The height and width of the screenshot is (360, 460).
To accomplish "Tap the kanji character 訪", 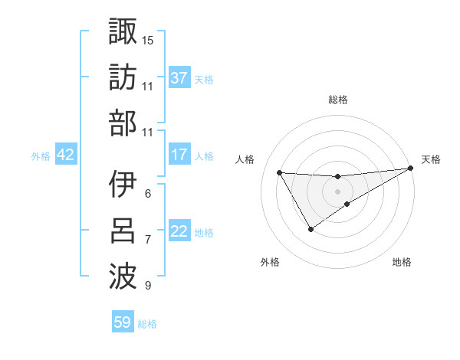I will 123,76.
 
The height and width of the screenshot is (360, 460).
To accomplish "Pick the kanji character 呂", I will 123,231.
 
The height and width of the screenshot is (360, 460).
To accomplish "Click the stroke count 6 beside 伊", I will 147,194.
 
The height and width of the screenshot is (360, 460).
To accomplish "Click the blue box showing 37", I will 179,77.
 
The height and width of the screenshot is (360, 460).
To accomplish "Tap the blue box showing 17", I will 179,155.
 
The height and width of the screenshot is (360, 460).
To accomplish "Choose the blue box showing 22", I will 179,231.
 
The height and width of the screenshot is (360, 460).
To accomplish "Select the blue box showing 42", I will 65,155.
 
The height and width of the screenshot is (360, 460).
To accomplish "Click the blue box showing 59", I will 123,322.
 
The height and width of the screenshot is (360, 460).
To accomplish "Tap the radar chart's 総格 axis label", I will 337,100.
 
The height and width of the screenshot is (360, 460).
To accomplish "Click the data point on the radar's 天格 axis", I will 412,169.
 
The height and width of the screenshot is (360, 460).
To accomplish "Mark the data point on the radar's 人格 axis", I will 279,172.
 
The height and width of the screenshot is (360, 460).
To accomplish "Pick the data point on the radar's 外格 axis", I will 310,229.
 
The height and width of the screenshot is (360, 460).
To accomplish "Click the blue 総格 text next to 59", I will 147,324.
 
